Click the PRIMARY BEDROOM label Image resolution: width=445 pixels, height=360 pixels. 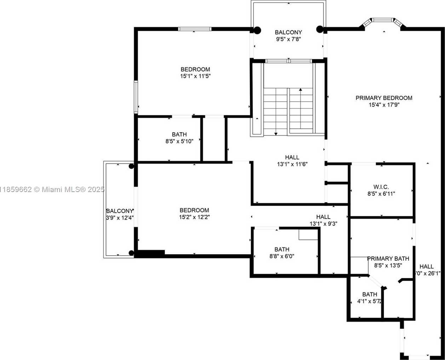(x=384, y=98)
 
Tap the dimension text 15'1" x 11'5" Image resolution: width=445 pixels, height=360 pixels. (x=196, y=76)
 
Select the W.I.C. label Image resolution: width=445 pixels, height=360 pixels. (x=381, y=187)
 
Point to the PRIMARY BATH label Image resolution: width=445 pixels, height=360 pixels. (x=388, y=259)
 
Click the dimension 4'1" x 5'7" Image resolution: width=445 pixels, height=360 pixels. (x=369, y=302)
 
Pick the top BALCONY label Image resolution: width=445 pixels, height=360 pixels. (x=288, y=32)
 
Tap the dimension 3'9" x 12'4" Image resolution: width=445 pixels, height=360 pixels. (x=120, y=218)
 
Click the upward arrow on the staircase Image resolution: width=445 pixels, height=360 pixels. (x=301, y=91)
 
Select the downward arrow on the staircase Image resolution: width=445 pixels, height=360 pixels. (x=276, y=133)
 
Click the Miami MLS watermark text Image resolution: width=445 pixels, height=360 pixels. (x=52, y=190)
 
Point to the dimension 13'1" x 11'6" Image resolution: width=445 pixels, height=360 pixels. (x=292, y=164)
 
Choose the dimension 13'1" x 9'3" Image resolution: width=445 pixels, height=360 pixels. (x=323, y=223)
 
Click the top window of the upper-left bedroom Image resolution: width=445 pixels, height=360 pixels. (x=194, y=29)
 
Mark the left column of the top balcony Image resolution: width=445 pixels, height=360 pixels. (x=257, y=30)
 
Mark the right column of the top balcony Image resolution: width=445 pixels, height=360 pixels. (x=320, y=29)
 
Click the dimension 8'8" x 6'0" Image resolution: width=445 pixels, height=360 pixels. (x=282, y=256)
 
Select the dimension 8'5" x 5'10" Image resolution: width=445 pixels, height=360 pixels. (x=179, y=141)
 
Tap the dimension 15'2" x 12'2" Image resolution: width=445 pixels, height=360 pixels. (x=194, y=217)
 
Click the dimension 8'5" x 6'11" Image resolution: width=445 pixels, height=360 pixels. (x=381, y=193)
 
